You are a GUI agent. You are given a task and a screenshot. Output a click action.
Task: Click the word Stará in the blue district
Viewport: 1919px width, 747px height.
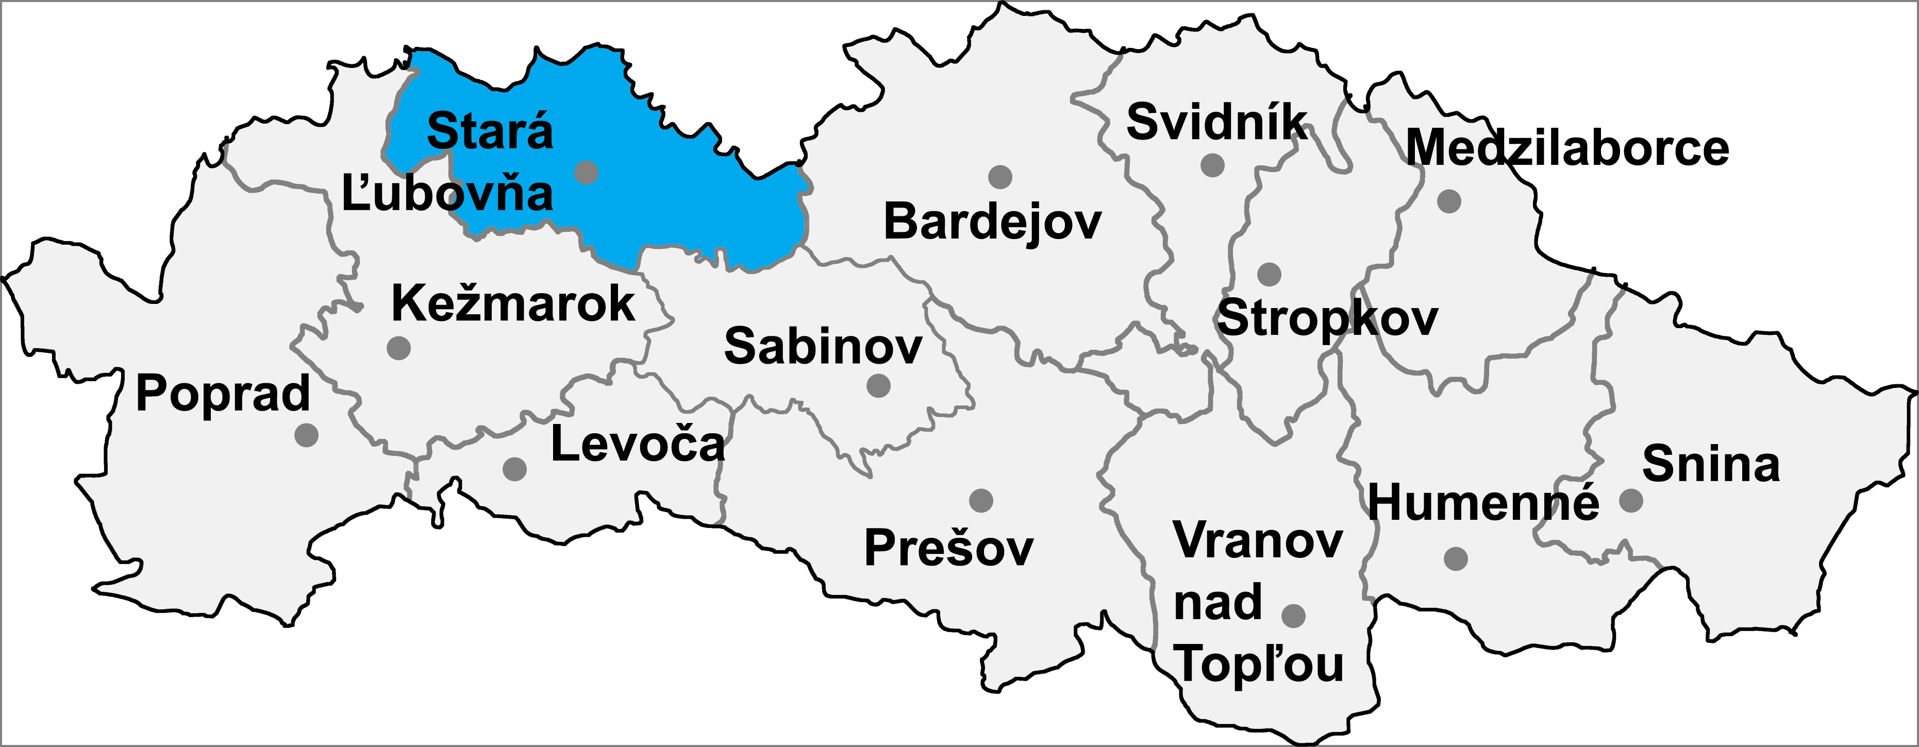pos(490,132)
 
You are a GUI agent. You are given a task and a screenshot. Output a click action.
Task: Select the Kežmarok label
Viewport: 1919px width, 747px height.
pos(512,304)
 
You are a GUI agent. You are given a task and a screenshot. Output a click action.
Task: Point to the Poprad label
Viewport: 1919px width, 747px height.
pos(223,394)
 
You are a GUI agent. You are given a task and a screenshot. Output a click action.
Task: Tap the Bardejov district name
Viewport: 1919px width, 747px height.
pos(992,222)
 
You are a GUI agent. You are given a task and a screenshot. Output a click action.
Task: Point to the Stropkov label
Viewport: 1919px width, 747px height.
pos(1327,319)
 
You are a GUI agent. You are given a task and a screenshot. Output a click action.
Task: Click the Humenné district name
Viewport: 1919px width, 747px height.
pos(1483,503)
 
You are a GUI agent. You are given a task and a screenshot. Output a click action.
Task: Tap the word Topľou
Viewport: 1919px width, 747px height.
pos(1259,665)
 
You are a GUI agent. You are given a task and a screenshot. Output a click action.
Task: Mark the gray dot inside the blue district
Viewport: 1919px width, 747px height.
pos(587,172)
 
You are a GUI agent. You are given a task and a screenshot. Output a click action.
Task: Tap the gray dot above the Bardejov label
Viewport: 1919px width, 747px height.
pos(1000,177)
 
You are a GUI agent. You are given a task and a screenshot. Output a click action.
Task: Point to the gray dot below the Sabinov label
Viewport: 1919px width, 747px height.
pos(879,386)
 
